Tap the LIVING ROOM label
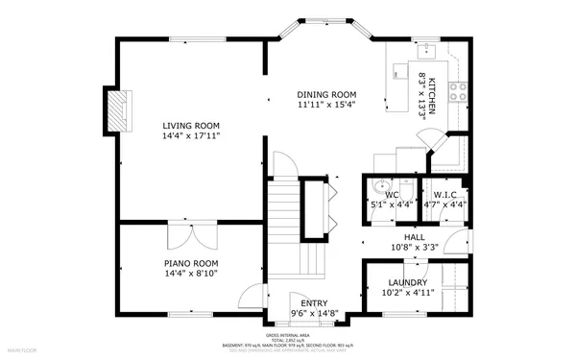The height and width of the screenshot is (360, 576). click(191, 126)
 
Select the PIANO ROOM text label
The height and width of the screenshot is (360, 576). click(191, 262)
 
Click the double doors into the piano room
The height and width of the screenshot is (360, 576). click(191, 233)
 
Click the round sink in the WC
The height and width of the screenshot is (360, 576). click(380, 188)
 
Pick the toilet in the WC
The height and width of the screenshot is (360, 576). click(407, 187)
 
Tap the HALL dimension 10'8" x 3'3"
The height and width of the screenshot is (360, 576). click(414, 247)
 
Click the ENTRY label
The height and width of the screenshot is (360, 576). click(314, 301)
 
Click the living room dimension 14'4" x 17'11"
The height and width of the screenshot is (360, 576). click(191, 136)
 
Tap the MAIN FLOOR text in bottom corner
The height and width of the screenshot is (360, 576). click(23, 351)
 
